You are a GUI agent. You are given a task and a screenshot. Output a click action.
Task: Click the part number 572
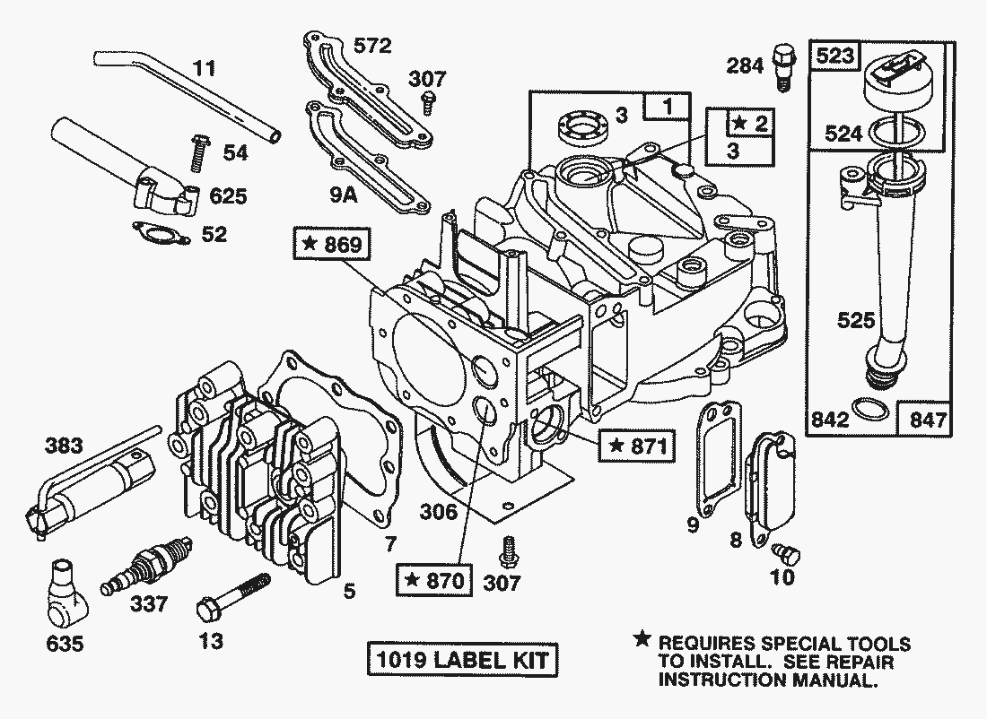click(x=371, y=47)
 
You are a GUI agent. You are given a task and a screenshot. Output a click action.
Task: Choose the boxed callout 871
click(x=638, y=445)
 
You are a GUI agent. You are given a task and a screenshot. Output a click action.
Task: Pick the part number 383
click(x=64, y=446)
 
